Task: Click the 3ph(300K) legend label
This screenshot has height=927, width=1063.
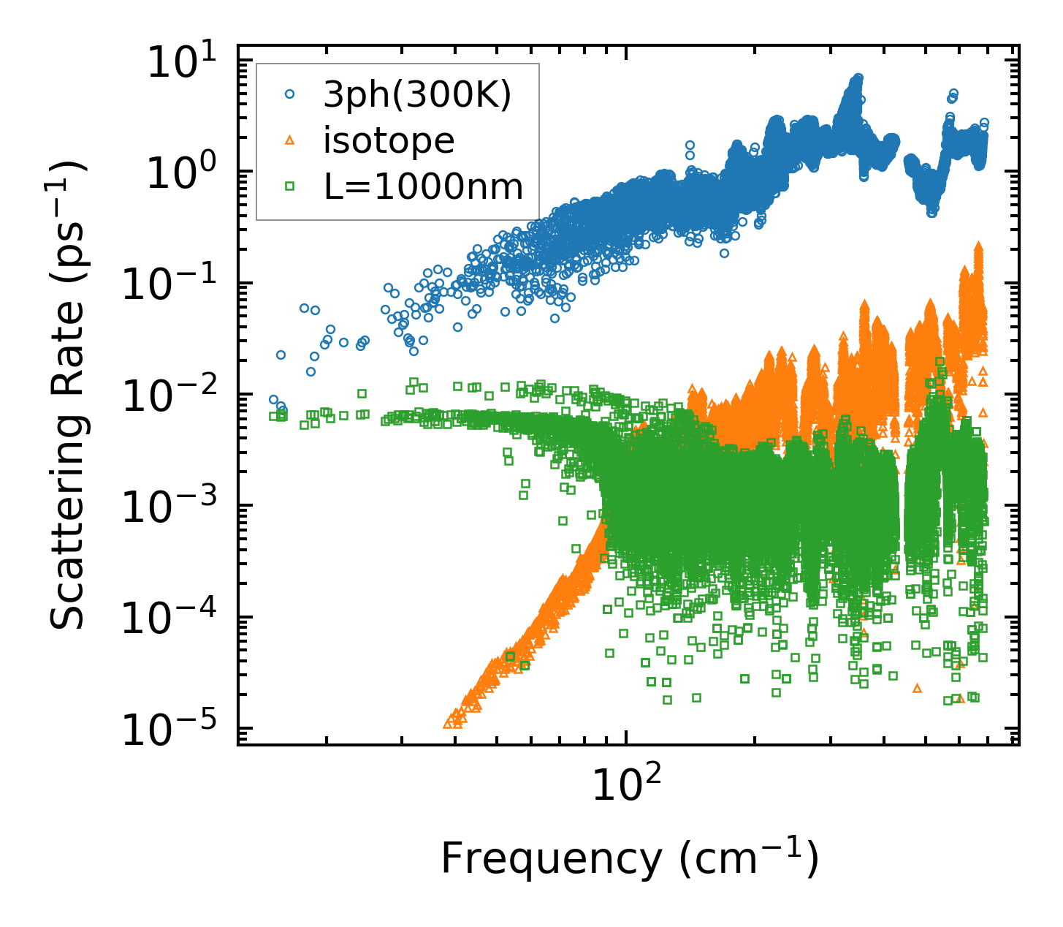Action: (417, 96)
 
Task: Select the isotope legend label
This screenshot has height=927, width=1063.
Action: (389, 140)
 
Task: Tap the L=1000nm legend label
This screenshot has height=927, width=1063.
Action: (424, 187)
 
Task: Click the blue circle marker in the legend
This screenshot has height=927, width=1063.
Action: (290, 94)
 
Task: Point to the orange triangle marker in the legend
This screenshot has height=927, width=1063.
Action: (290, 140)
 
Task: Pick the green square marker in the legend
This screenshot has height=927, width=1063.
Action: (290, 186)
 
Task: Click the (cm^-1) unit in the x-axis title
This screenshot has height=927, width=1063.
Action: (748, 860)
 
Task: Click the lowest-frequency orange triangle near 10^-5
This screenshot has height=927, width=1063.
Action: (449, 723)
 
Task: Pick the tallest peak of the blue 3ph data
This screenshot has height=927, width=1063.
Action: (858, 77)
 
